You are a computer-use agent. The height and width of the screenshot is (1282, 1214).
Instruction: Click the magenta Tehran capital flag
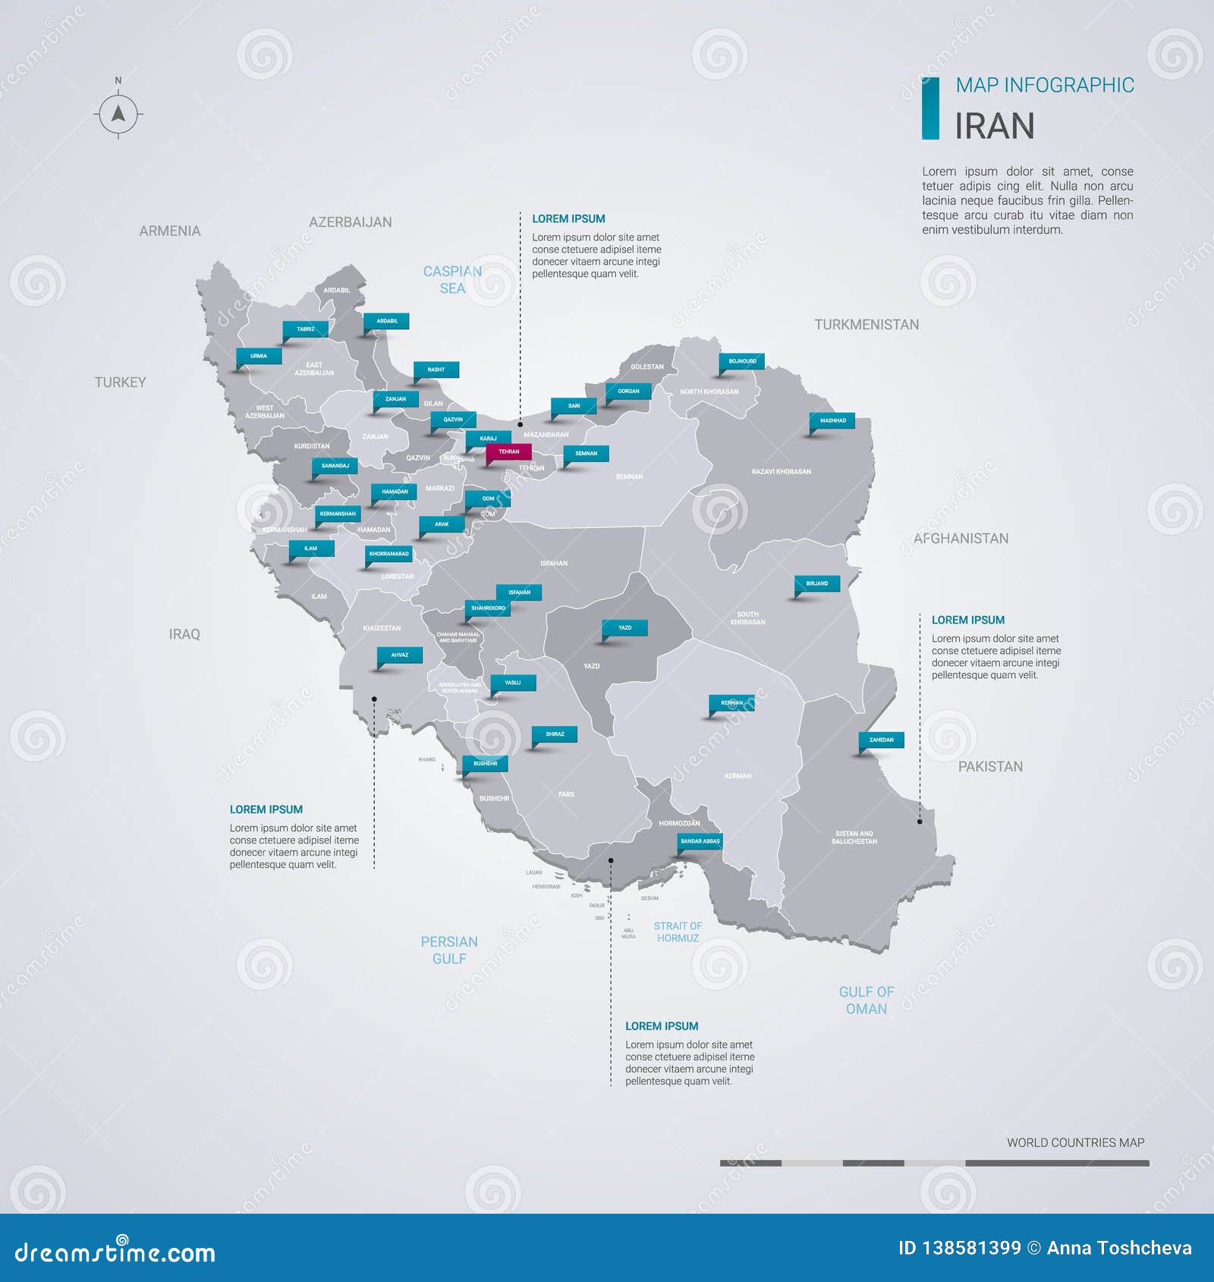(508, 452)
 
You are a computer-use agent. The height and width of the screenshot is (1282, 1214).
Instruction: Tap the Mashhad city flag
(832, 420)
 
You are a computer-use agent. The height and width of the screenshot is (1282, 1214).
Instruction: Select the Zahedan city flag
(881, 740)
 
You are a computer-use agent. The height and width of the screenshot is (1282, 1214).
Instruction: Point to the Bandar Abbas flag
(700, 841)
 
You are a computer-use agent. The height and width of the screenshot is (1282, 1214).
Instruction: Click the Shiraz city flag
(555, 734)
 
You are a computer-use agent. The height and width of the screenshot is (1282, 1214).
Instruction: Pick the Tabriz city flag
(305, 329)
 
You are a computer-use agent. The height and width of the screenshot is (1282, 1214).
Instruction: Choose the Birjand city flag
(816, 583)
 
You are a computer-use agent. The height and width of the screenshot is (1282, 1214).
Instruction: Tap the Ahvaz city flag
(400, 655)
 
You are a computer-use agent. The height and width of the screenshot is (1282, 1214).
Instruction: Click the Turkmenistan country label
(866, 325)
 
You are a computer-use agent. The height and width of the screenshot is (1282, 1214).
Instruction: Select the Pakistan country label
(990, 766)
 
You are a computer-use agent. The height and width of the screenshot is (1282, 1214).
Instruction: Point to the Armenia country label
(170, 231)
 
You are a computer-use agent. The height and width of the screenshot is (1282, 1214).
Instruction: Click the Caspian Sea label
(452, 279)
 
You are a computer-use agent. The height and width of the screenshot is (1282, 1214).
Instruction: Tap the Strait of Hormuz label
(678, 932)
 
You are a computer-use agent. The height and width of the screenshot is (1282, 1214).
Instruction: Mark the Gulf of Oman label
(866, 1000)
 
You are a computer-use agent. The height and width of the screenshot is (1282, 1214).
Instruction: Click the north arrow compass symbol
(118, 115)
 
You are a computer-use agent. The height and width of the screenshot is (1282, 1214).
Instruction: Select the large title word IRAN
(994, 126)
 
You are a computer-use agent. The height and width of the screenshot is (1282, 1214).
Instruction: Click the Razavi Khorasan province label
(781, 472)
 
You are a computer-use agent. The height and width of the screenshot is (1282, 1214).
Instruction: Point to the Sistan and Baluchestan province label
(854, 837)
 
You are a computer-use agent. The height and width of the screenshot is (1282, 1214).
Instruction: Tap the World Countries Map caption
(1075, 1142)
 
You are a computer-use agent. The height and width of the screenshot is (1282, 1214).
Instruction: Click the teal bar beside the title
(930, 108)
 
